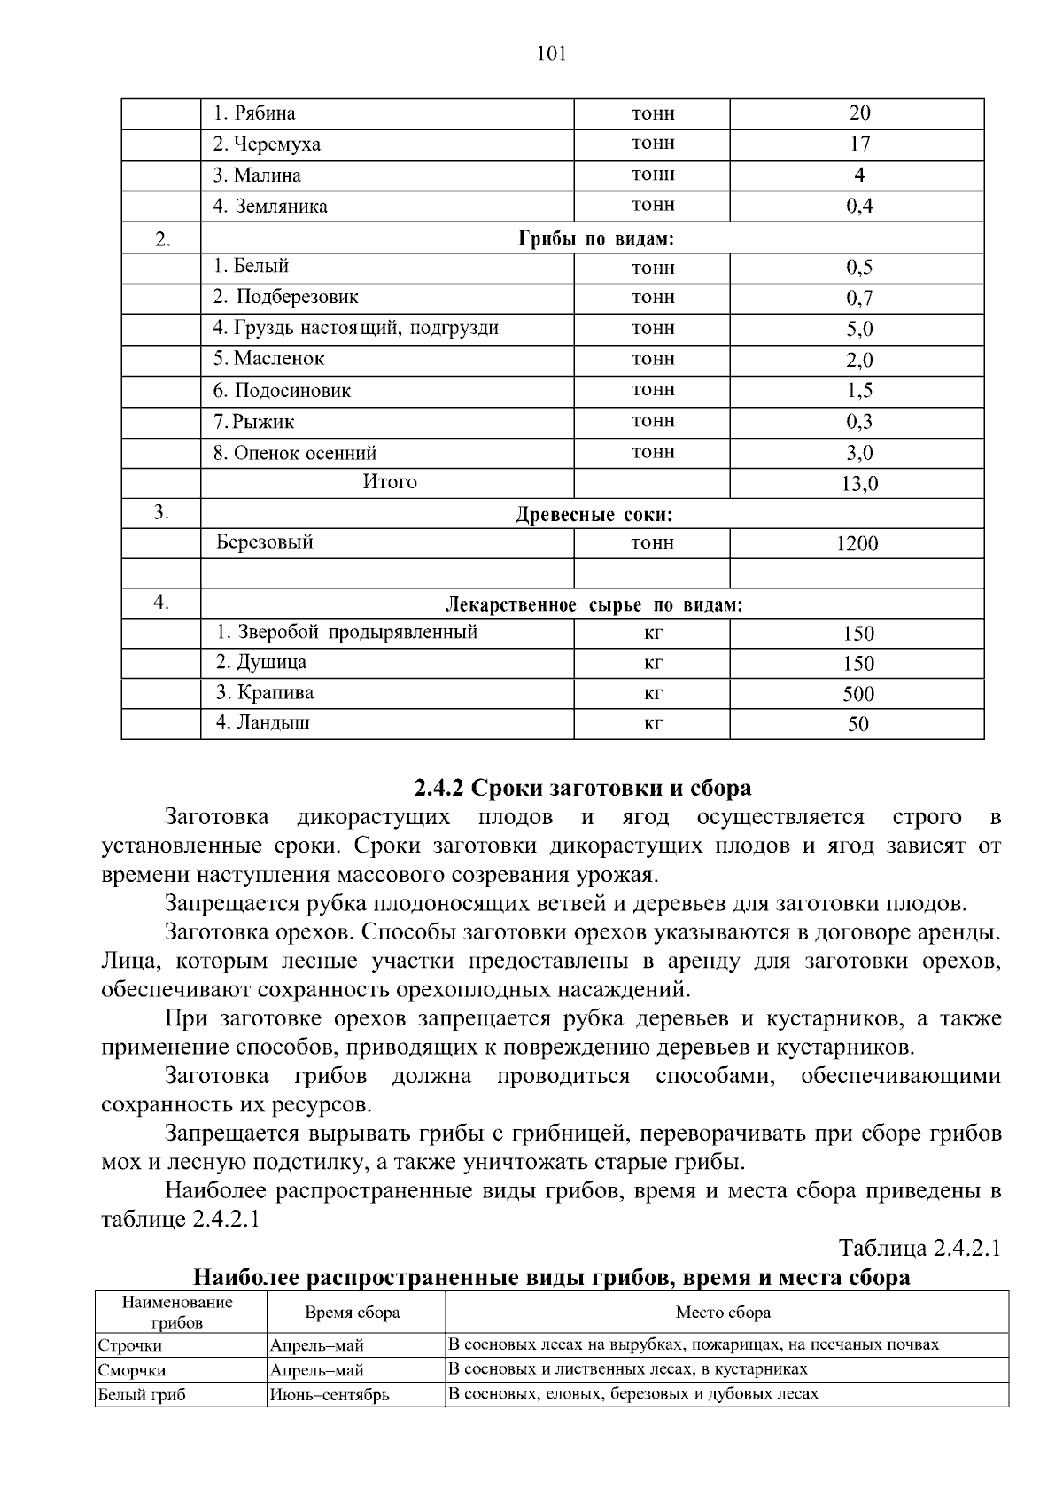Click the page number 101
551,54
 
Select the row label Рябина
255,113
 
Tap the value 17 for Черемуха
859,144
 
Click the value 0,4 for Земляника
859,207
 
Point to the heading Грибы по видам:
594,239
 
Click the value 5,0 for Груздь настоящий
859,330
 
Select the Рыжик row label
254,422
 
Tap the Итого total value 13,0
859,484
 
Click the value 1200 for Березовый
857,544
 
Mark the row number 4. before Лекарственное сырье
160,603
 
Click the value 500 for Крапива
857,694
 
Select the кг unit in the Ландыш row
653,723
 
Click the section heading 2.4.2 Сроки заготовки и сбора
583,788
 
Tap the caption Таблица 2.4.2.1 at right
919,1249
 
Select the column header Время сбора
353,1313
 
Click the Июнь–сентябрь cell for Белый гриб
330,1395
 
